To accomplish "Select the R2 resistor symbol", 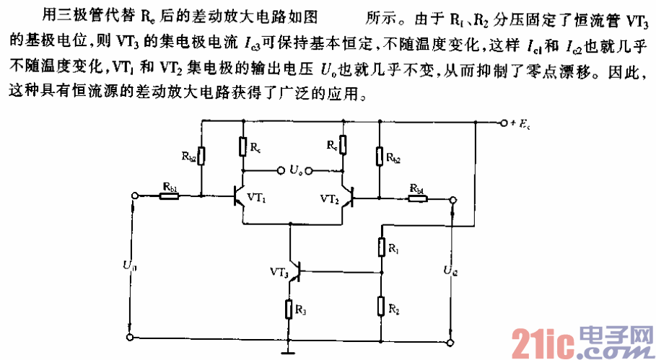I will [381, 307].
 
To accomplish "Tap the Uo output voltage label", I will [295, 171].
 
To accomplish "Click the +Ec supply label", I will [522, 123].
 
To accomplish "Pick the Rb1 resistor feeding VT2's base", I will [417, 196].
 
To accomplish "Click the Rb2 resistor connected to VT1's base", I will [201, 155].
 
